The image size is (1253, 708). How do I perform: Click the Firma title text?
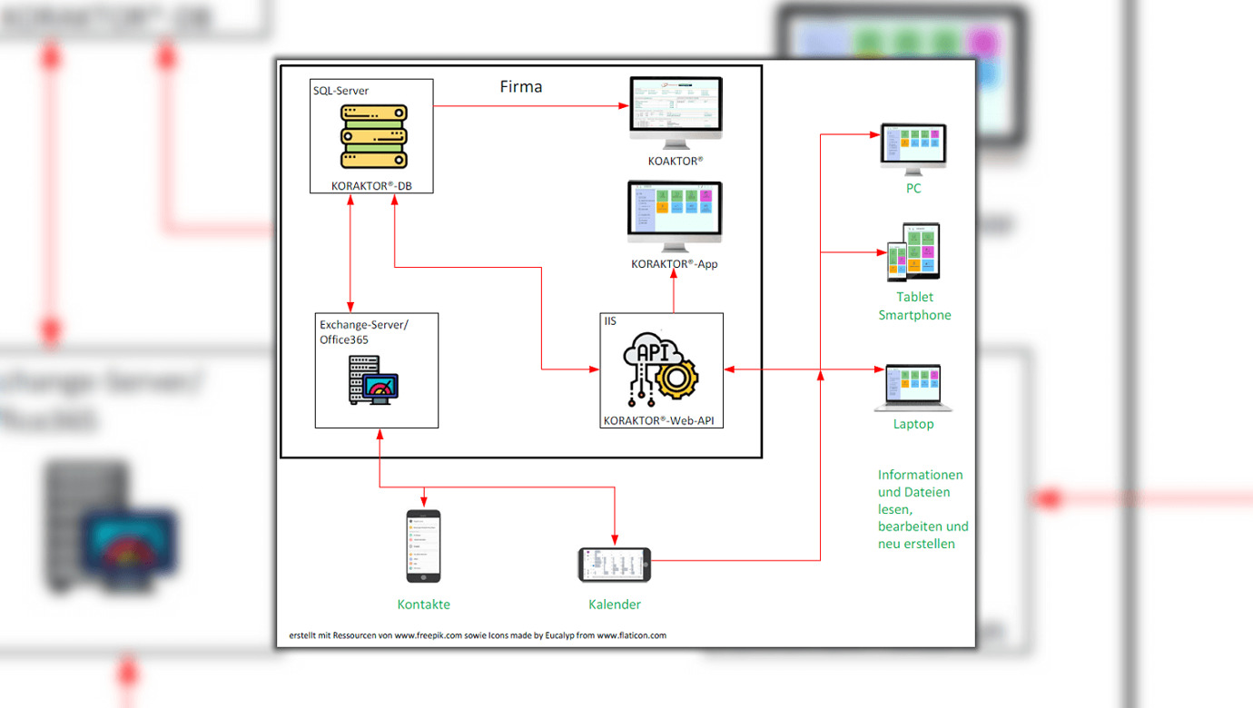(x=520, y=87)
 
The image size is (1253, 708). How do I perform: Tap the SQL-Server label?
(x=340, y=91)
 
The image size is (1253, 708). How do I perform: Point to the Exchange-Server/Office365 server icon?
(x=373, y=379)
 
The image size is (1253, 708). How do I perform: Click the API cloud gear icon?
(x=660, y=372)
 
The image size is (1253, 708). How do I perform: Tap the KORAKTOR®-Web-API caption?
(x=662, y=420)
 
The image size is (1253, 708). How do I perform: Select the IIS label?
(x=610, y=321)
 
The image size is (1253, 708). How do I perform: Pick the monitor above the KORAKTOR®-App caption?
(x=674, y=216)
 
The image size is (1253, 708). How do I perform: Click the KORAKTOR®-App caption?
(x=675, y=264)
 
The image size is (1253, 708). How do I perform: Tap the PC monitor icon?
(x=913, y=148)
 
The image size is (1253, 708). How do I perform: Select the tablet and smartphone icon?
(x=913, y=252)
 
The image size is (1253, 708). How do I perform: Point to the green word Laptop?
(x=913, y=424)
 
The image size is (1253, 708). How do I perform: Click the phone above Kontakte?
(x=423, y=546)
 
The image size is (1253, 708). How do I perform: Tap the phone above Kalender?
(x=615, y=565)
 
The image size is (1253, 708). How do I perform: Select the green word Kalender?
(x=615, y=605)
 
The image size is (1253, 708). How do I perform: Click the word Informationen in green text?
(x=921, y=475)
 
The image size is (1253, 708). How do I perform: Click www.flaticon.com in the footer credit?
(x=631, y=635)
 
